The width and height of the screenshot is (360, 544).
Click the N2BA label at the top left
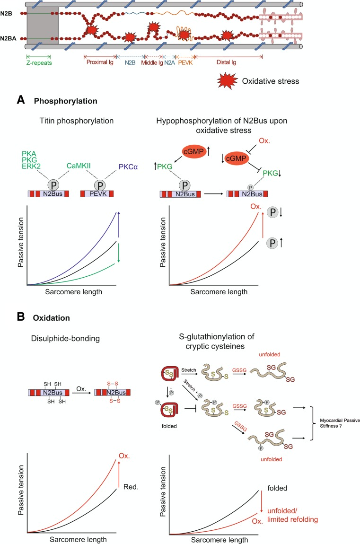tap(9, 38)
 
